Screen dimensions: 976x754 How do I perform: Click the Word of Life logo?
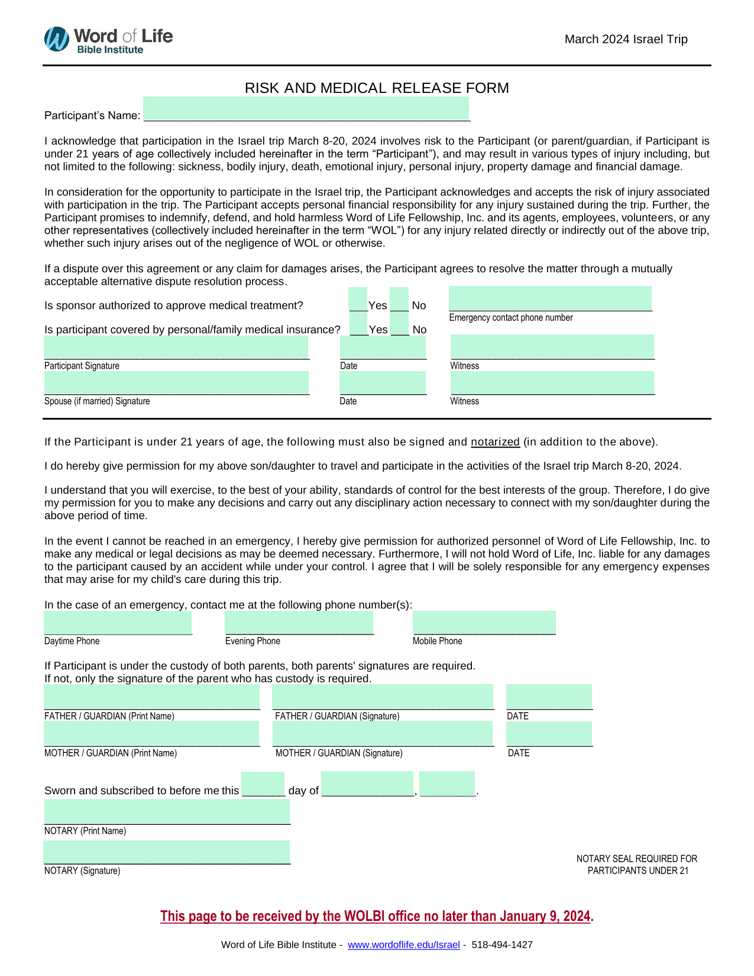click(x=108, y=40)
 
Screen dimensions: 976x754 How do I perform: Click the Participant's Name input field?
click(x=306, y=109)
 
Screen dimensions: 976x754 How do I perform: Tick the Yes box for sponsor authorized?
click(x=358, y=299)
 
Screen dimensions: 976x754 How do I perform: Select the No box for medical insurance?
click(x=400, y=323)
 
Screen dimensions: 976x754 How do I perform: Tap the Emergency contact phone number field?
click(x=550, y=298)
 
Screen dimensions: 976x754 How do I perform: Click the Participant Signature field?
click(x=176, y=347)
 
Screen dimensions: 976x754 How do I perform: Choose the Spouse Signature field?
click(x=176, y=382)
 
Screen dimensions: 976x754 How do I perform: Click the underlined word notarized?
click(x=495, y=442)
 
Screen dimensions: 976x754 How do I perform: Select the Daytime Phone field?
click(x=118, y=623)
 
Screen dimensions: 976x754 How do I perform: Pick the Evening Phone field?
click(x=299, y=623)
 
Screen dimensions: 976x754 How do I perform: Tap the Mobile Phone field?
click(x=484, y=623)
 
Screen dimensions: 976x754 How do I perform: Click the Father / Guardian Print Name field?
click(x=152, y=697)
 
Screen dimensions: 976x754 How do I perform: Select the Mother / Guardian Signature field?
click(x=383, y=733)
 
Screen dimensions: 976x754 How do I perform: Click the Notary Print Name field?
click(x=167, y=811)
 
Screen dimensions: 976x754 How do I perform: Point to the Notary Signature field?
click(x=167, y=852)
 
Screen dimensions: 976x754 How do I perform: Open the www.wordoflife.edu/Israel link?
click(x=403, y=945)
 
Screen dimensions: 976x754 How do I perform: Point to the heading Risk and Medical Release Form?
click(x=377, y=88)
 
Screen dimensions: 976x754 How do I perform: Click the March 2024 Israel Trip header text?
click(x=626, y=39)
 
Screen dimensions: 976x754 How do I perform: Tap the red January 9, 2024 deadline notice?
click(x=377, y=916)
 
